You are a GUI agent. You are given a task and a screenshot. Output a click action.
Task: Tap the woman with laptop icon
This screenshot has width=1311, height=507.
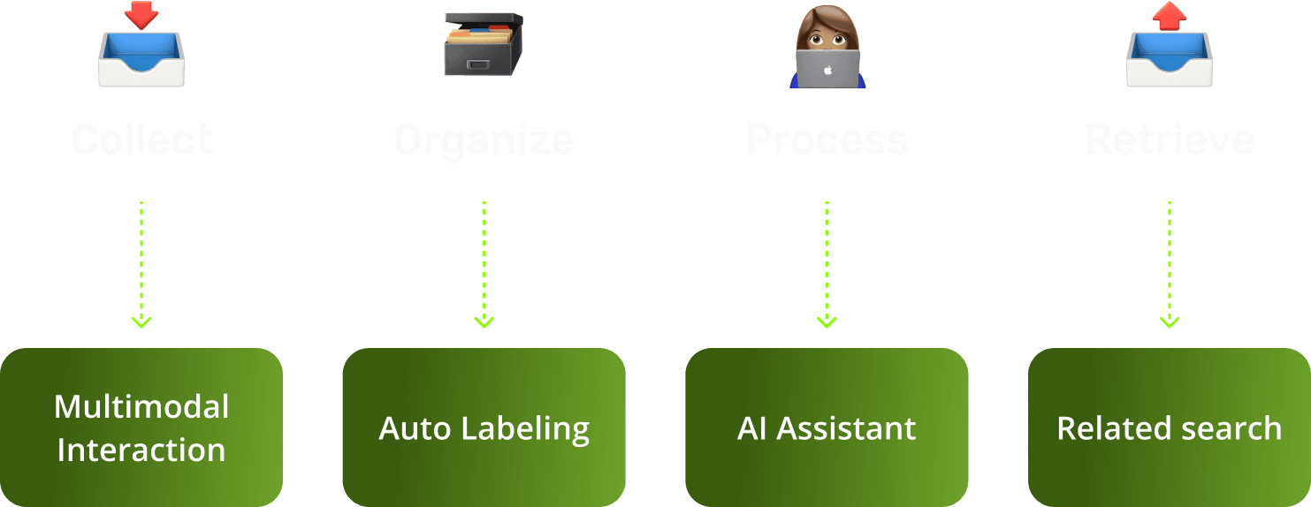[x=827, y=49]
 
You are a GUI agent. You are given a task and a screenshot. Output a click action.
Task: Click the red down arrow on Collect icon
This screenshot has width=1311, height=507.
[x=141, y=14]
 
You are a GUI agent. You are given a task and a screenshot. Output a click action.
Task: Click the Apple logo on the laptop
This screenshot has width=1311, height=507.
[x=827, y=69]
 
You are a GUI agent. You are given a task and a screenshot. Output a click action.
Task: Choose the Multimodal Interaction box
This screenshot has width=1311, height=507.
[x=141, y=428]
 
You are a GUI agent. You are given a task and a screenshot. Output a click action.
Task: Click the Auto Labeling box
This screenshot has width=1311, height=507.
[x=484, y=428]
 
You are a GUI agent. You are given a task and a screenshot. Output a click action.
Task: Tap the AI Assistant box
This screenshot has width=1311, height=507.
[x=827, y=428]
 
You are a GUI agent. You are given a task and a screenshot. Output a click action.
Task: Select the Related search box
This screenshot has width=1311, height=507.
[x=1169, y=428]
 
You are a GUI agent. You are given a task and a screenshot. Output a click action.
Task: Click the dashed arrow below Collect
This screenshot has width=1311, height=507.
[x=141, y=265]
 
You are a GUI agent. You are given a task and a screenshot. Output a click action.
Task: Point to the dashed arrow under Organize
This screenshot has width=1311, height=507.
[x=484, y=265]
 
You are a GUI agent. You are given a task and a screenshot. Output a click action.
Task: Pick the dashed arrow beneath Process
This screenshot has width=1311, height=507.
[x=827, y=265]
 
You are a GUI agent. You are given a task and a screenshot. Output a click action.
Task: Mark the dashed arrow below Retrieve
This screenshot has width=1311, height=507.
[x=1169, y=265]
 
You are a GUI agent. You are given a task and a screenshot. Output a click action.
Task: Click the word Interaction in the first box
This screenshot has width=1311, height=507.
[x=141, y=450]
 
